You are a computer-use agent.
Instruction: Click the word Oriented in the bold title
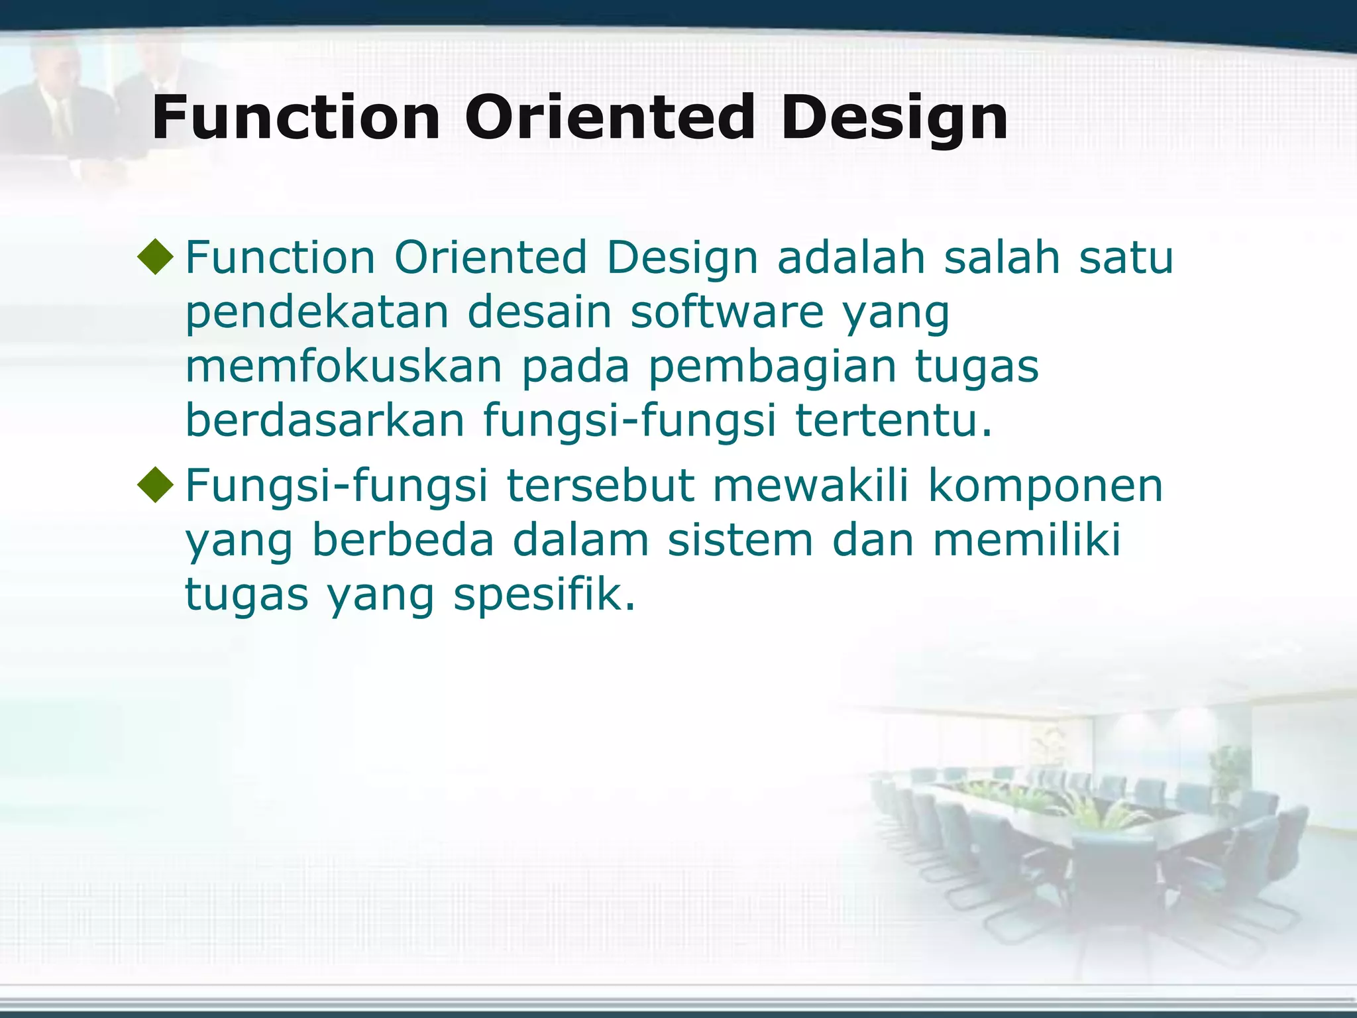tap(610, 118)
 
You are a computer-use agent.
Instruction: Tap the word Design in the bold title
tap(895, 118)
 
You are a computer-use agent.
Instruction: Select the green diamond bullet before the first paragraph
tap(156, 256)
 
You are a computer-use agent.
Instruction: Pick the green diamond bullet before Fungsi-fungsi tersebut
tap(156, 484)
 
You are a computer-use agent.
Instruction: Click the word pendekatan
tap(317, 312)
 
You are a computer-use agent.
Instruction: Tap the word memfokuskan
tap(344, 367)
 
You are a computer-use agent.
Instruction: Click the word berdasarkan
tap(325, 421)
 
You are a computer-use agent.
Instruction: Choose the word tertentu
tap(893, 421)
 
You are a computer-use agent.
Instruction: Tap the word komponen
tap(1045, 484)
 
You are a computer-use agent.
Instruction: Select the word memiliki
tap(1027, 539)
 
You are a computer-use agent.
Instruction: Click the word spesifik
tap(544, 594)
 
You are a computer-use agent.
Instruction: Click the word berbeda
tap(403, 539)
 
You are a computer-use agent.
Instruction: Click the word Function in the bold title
tap(296, 118)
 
